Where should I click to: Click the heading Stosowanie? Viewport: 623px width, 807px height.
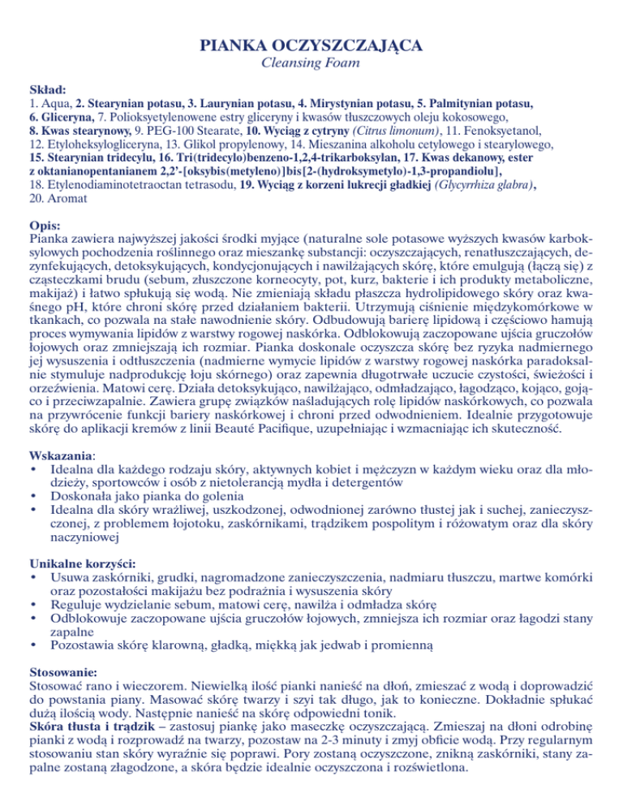pyautogui.click(x=64, y=673)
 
